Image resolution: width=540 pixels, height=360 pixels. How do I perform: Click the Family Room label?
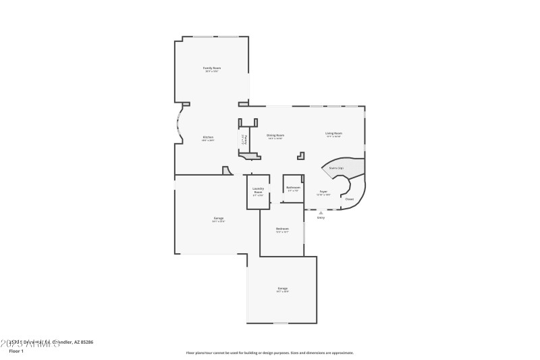pyautogui.click(x=213, y=68)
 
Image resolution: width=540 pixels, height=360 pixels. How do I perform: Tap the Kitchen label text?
pyautogui.click(x=208, y=138)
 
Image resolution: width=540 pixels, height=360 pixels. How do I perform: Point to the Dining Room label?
pyautogui.click(x=275, y=135)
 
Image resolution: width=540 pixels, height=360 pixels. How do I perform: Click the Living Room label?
pyautogui.click(x=333, y=133)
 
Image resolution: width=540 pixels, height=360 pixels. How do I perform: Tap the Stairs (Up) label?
pyautogui.click(x=336, y=168)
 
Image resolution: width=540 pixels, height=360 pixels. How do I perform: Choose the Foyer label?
pyautogui.click(x=324, y=191)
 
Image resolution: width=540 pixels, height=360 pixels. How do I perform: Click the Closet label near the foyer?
pyautogui.click(x=350, y=199)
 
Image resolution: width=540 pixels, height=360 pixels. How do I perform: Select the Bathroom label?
pyautogui.click(x=293, y=187)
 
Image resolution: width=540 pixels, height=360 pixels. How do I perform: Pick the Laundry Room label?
pyautogui.click(x=258, y=190)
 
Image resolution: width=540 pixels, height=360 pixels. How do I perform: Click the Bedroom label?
pyautogui.click(x=282, y=229)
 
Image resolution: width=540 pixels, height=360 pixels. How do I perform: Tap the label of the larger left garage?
pyautogui.click(x=219, y=218)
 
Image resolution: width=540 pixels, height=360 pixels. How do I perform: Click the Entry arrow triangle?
pyautogui.click(x=321, y=212)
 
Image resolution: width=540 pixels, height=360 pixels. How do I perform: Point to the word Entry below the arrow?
pyautogui.click(x=321, y=217)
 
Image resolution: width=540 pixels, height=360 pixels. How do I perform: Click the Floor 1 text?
pyautogui.click(x=16, y=351)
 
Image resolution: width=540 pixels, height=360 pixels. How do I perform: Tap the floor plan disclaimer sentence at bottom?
pyautogui.click(x=269, y=353)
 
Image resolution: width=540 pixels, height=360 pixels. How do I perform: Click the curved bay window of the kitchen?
pyautogui.click(x=180, y=124)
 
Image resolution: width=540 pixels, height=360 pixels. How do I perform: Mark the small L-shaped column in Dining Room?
pyautogui.click(x=301, y=155)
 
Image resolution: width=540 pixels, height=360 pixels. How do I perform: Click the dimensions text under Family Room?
pyautogui.click(x=213, y=72)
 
